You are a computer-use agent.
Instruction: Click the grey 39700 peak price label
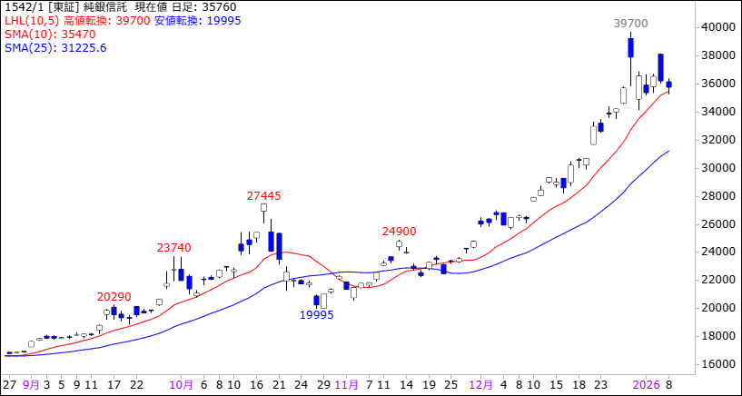pos(630,23)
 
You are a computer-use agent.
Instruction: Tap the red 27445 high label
pos(263,195)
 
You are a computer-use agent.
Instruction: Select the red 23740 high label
pos(173,247)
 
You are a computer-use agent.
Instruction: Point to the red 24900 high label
pos(399,232)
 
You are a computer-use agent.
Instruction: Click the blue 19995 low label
pos(316,315)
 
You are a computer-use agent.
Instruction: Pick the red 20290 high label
pos(114,296)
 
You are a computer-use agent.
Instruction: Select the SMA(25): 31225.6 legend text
pos(54,47)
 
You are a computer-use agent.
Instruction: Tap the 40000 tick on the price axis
pos(717,27)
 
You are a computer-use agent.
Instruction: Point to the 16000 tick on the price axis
pos(717,364)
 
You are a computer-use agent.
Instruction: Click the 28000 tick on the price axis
pos(717,196)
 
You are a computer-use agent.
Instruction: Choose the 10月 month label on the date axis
pos(182,384)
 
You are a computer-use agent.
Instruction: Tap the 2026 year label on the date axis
pos(646,384)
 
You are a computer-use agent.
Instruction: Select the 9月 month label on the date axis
pos(32,384)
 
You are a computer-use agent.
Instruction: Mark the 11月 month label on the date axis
pos(346,384)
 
